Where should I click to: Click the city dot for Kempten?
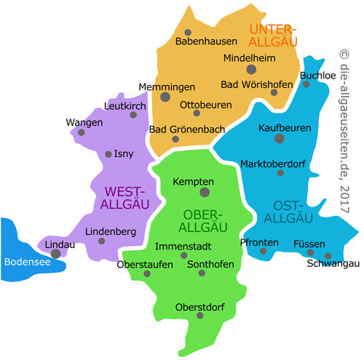pos(205,193)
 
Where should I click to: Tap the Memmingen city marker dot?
pos(165,97)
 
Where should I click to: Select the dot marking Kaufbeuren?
pos(280,138)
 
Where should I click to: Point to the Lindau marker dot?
pos(56,254)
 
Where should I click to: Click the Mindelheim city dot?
pos(251,69)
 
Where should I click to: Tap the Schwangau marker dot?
pos(328,256)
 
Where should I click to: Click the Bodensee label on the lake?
pos(27,263)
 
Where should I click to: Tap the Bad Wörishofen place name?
pos(259,83)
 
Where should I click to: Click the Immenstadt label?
pos(183,247)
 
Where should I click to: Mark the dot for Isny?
pos(109,154)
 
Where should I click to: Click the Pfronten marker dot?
pos(264,252)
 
